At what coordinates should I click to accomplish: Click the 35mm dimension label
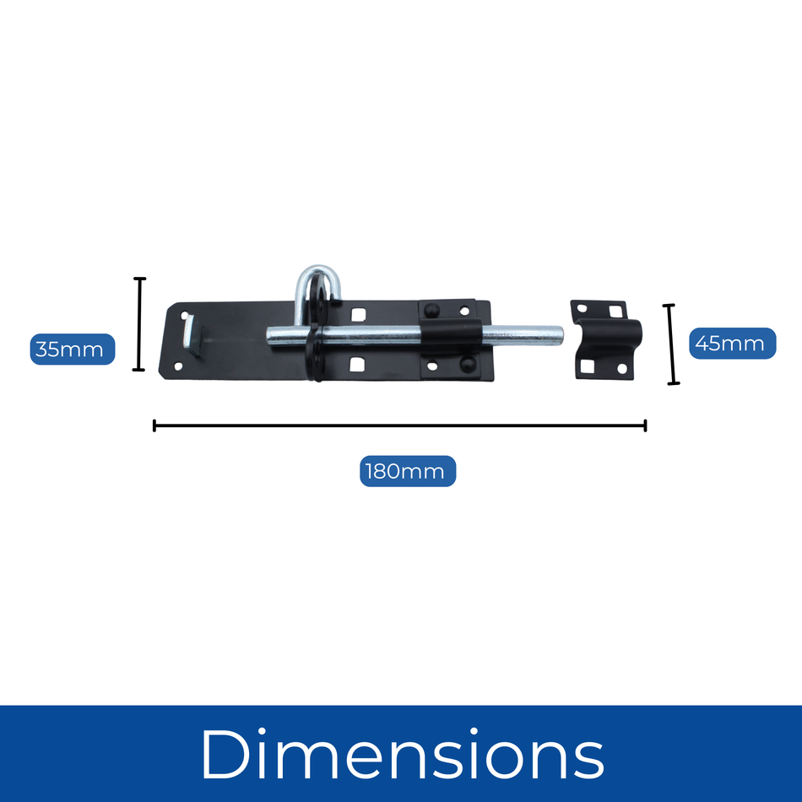(x=72, y=349)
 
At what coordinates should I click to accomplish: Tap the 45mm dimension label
(x=731, y=344)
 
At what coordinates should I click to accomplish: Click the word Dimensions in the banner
(x=402, y=754)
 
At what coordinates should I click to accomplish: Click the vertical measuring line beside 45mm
(x=672, y=344)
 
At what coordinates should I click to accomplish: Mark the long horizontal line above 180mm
(x=399, y=425)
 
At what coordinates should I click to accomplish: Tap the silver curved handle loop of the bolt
(x=319, y=279)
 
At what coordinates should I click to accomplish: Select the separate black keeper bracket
(x=605, y=339)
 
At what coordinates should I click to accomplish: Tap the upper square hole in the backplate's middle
(x=358, y=315)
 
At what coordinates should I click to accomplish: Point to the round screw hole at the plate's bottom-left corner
(x=178, y=366)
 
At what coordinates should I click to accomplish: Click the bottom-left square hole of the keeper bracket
(x=584, y=366)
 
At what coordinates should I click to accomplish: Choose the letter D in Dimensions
(x=222, y=754)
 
